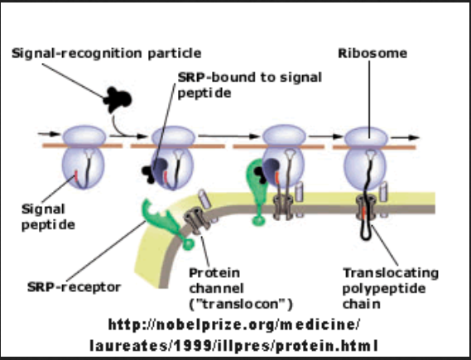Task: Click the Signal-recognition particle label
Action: (x=106, y=54)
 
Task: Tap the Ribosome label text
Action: (x=372, y=53)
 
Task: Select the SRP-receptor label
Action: (x=74, y=287)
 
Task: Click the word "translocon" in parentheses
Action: (x=241, y=305)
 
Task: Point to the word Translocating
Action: (x=391, y=273)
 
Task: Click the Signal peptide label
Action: (x=48, y=217)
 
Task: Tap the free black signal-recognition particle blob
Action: (x=118, y=99)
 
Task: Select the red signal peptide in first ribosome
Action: (x=75, y=176)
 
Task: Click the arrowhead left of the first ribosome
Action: (x=55, y=134)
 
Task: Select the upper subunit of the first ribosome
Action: (x=84, y=136)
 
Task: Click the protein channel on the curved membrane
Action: (x=197, y=221)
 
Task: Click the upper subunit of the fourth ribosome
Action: (x=366, y=137)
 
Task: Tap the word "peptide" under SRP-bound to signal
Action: (x=204, y=93)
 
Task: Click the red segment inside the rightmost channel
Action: (x=363, y=213)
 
